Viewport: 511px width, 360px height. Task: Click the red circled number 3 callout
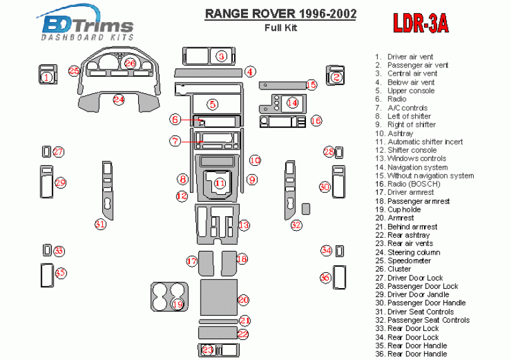coord(221,57)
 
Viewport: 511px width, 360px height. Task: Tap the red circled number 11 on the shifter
coord(220,183)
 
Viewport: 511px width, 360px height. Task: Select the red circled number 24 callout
coord(119,99)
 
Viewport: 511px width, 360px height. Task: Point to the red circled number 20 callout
coord(243,300)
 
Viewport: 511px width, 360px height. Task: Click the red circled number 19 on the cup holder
coord(177,305)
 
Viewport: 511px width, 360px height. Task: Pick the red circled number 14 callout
coord(292,102)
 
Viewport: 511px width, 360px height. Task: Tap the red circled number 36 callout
coord(326,277)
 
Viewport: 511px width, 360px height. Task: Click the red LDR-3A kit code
coord(421,24)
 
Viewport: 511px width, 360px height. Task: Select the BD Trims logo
coord(87,27)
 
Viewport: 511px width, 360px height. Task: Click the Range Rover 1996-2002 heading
coord(279,14)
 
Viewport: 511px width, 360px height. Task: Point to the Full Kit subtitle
coord(279,27)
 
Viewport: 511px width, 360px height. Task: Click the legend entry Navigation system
coord(417,167)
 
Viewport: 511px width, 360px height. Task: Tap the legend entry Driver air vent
coord(410,57)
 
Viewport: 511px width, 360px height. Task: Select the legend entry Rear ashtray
coord(408,235)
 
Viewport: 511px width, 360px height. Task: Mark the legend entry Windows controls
coord(416,158)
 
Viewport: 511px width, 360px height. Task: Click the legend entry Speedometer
coord(409,260)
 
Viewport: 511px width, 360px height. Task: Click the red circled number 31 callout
coord(100,224)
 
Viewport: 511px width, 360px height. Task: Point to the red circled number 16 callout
coord(316,120)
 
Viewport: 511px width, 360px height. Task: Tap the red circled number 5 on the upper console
coord(213,104)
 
